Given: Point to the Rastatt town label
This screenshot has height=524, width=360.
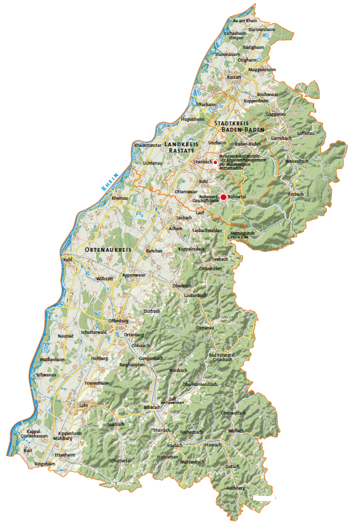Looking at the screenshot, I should (234, 77).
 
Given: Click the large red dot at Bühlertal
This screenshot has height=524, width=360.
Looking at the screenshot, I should (223, 197).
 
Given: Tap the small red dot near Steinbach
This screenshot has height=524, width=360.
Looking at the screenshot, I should (215, 162).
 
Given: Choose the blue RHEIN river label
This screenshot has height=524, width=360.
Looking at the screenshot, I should (109, 183).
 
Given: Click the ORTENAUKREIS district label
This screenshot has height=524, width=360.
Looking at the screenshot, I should (107, 250).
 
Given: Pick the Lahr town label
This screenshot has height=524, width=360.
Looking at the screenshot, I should (83, 404).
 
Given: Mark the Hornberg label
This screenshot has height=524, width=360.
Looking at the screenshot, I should (235, 488).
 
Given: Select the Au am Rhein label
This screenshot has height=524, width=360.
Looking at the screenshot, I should (245, 21).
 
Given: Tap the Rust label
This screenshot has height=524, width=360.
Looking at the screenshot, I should (27, 450).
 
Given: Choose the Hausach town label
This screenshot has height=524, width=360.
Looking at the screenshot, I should (213, 445).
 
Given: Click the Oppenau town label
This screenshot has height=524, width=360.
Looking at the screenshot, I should (204, 327).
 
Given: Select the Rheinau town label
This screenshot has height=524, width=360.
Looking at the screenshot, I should (120, 198).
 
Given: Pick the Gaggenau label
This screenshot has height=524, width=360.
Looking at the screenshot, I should (276, 114).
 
